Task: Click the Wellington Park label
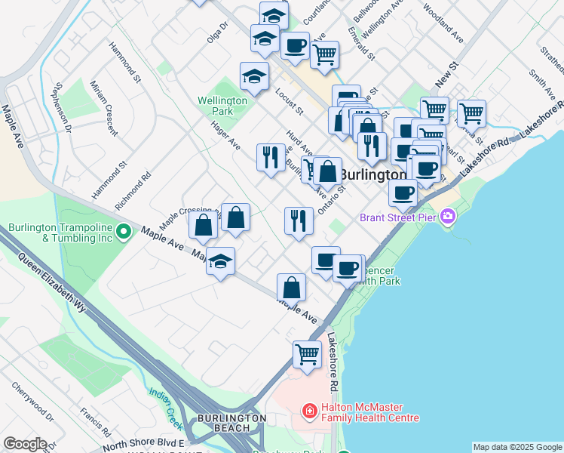[x=222, y=106]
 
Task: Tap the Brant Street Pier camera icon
[x=448, y=217]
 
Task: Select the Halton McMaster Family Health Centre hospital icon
[x=308, y=411]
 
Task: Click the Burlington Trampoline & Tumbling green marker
[x=125, y=233]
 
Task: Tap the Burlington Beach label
[x=231, y=422]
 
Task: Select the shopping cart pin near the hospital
[x=307, y=353]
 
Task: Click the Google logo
[x=25, y=444]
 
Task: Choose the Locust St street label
[x=290, y=106]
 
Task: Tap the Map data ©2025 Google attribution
[x=516, y=447]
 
